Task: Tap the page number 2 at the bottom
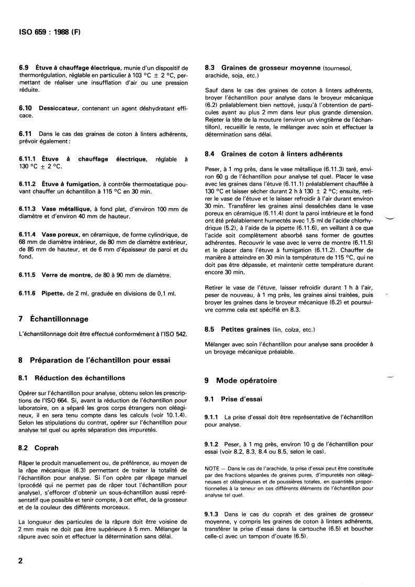pyautogui.click(x=21, y=561)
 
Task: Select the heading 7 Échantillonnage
pyautogui.click(x=54, y=319)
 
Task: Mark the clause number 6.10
pyautogui.click(x=26, y=107)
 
